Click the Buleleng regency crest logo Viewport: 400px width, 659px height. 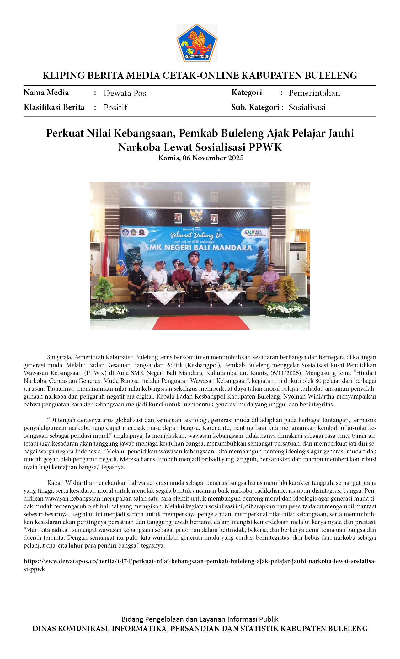click(197, 43)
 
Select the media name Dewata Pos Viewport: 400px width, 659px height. click(125, 93)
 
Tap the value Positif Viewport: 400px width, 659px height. click(115, 108)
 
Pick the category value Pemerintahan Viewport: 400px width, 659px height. click(314, 93)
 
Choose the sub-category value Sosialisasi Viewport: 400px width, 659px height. click(307, 107)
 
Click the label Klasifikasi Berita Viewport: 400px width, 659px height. click(54, 107)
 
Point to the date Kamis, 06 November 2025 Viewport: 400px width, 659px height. click(200, 158)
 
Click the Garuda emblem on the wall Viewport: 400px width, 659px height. click(196, 215)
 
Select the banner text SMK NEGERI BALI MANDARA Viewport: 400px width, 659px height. click(198, 248)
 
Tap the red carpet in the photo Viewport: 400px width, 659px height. click(201, 323)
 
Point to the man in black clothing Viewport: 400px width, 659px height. click(137, 279)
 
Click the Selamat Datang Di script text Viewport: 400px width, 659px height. click(196, 235)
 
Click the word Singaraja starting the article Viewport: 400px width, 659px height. click(60, 357)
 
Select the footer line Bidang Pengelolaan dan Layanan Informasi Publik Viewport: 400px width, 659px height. click(200, 619)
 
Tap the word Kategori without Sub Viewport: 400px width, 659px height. click(247, 93)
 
